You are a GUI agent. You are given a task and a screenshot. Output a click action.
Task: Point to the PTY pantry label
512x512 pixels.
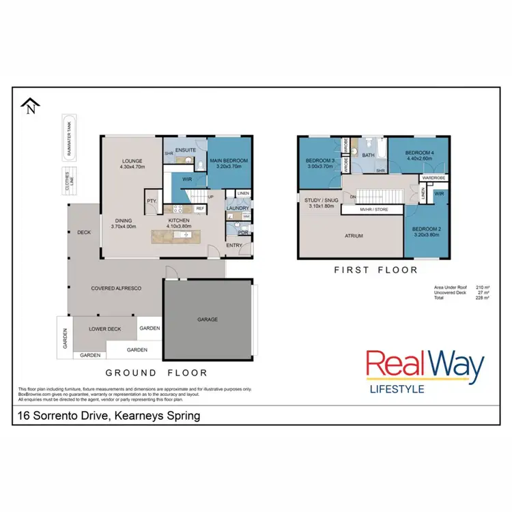point(151,201)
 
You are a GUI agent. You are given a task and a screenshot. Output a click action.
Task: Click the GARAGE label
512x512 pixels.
point(208,319)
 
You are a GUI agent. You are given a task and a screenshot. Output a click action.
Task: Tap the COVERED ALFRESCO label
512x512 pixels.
point(116,289)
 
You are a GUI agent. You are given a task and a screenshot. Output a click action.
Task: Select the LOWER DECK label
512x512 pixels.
point(104,328)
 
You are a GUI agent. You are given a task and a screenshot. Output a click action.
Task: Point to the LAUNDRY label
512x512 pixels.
point(237,209)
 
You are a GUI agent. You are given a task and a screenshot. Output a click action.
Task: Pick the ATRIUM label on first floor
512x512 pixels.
point(353,236)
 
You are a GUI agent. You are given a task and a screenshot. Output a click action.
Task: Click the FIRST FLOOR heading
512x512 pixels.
point(375,270)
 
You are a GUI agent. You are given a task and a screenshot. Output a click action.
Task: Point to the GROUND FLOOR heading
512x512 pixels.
point(156,373)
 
